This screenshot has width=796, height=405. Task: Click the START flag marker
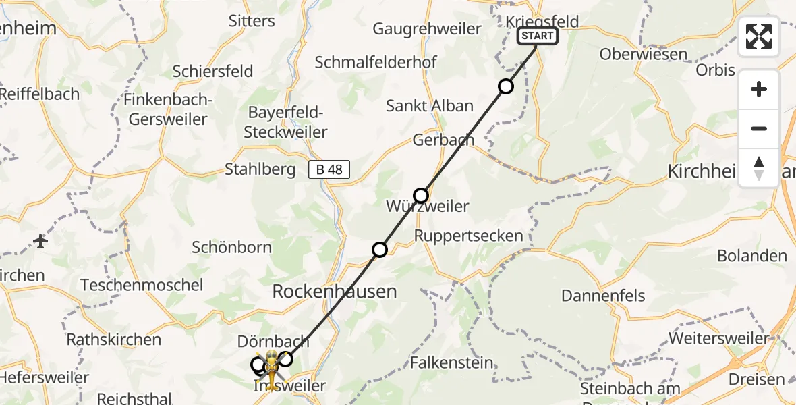point(538,36)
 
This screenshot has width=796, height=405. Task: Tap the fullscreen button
point(759,36)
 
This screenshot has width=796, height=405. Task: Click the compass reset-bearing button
point(759,168)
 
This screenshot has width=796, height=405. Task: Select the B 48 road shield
point(329,169)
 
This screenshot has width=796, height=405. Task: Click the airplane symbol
point(40,241)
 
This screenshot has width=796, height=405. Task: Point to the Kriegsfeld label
point(542,21)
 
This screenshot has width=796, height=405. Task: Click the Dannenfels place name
point(603,295)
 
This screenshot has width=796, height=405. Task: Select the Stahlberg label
point(260,169)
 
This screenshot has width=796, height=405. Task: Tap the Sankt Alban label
point(430,106)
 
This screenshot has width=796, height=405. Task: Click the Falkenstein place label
point(451,362)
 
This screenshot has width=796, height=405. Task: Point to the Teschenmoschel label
point(142,285)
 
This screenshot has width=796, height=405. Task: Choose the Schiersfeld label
point(212,71)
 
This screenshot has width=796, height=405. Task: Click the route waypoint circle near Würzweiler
point(421,196)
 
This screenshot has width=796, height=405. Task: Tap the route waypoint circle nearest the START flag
point(505,86)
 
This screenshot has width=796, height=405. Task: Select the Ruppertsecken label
point(468,236)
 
